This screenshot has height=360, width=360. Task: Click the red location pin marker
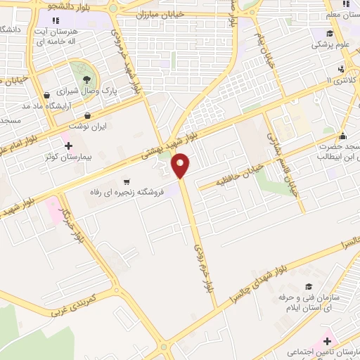click(181, 165)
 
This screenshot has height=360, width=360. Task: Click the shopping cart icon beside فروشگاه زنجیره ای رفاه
click(127, 181)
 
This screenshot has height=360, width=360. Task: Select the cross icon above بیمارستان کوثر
click(68, 146)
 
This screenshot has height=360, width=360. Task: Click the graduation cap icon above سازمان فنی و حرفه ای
click(309, 286)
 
